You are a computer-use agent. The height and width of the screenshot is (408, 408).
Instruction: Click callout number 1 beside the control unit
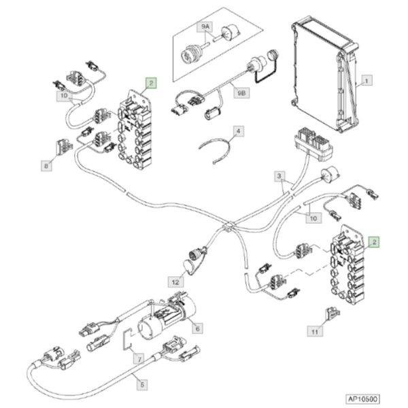click(x=367, y=80)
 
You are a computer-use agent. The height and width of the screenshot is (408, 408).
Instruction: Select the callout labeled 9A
click(x=205, y=27)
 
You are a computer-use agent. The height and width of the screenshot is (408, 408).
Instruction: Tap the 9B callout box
click(x=241, y=93)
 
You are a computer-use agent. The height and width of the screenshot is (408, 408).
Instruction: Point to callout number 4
click(x=239, y=131)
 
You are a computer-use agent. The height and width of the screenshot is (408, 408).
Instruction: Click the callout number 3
click(x=279, y=176)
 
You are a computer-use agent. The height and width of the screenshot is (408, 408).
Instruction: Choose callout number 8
click(x=46, y=166)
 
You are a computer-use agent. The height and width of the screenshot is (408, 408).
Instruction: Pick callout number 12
click(x=175, y=282)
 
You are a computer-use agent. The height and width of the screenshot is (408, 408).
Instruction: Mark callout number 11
click(x=315, y=332)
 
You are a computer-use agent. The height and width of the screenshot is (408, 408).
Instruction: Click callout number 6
click(x=197, y=328)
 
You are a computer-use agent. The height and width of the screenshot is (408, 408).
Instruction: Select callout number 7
click(x=139, y=359)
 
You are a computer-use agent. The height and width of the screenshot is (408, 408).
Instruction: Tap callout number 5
click(x=142, y=385)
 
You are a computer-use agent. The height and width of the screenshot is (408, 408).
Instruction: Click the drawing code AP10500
click(x=362, y=399)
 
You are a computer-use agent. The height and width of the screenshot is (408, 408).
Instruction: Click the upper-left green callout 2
click(x=151, y=83)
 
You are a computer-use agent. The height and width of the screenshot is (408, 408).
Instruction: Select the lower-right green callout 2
click(x=374, y=242)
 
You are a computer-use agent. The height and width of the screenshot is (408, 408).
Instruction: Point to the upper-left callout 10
click(x=64, y=96)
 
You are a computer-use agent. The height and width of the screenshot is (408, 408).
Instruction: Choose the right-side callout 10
click(x=313, y=218)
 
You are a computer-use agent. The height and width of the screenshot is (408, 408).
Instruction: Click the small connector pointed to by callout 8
click(x=64, y=147)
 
